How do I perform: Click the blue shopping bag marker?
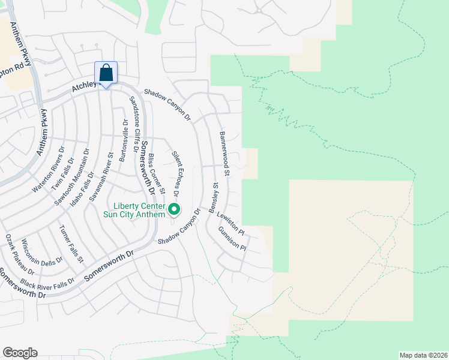coord(106,74)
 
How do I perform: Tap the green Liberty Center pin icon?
coord(174,209)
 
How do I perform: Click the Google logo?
coord(20,353)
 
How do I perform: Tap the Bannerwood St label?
coord(225,154)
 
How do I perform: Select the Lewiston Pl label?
coord(231,221)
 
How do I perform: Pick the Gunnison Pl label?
coord(233,238)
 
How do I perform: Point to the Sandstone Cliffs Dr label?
coord(135,119)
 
